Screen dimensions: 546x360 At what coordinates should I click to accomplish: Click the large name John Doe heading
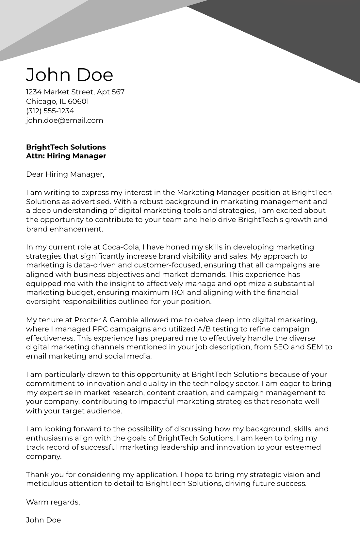[69, 74]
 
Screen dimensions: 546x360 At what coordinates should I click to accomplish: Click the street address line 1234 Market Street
[75, 92]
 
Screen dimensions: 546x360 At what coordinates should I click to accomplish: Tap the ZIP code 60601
[78, 101]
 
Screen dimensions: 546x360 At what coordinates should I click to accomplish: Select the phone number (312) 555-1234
[50, 111]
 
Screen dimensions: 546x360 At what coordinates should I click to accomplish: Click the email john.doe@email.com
[64, 120]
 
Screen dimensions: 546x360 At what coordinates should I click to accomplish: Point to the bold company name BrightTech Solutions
[66, 147]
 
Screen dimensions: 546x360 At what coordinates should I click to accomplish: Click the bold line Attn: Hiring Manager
[66, 156]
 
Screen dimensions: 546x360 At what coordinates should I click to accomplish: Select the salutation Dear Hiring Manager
[65, 174]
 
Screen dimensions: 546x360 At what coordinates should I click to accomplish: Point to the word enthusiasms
[50, 438]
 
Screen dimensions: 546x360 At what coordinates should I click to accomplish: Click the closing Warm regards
[53, 502]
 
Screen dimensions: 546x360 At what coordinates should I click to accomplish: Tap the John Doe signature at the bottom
[43, 520]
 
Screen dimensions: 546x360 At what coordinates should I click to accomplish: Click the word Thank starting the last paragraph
[37, 474]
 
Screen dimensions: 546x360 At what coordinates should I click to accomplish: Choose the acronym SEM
[315, 347]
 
